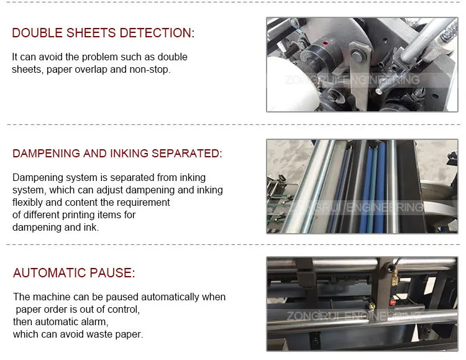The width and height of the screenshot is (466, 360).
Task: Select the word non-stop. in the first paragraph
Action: [150, 69]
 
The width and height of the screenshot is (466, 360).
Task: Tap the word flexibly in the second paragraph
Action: [29, 202]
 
